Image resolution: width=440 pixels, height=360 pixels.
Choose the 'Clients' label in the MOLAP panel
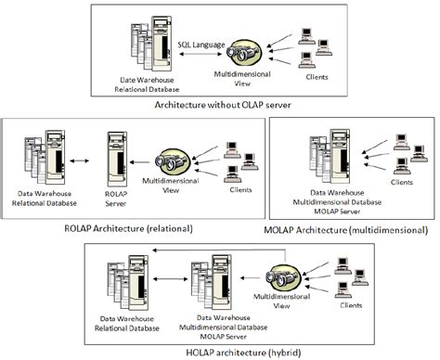pyautogui.click(x=401, y=183)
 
